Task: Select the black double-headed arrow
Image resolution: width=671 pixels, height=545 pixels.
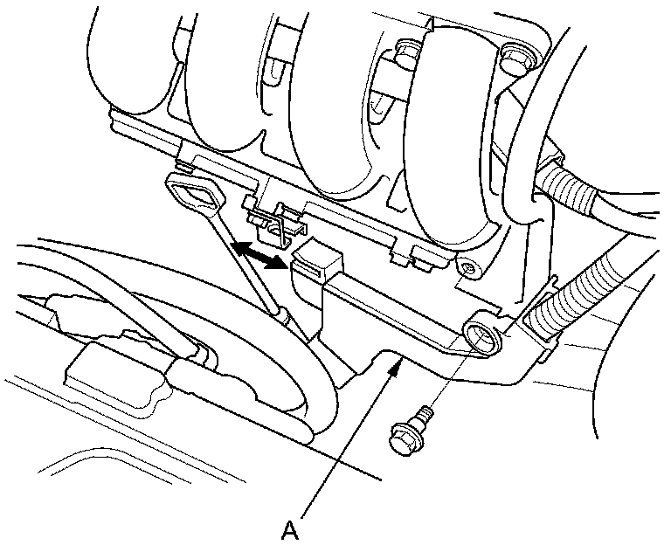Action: pyautogui.click(x=262, y=252)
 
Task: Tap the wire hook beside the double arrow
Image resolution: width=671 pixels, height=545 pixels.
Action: pyautogui.click(x=278, y=225)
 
